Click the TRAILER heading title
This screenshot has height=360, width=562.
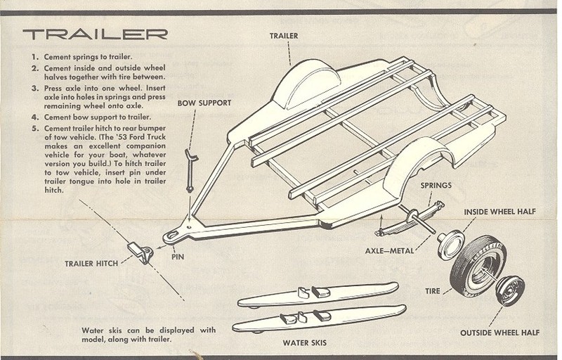click(95, 34)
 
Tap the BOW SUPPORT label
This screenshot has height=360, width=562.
click(204, 103)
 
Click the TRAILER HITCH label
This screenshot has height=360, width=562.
click(91, 263)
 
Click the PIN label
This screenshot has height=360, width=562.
click(177, 257)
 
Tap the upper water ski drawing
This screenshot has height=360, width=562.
click(316, 295)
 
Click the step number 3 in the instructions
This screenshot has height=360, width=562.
click(35, 89)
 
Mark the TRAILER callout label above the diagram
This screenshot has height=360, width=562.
click(283, 36)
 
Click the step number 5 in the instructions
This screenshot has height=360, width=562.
click(35, 127)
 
